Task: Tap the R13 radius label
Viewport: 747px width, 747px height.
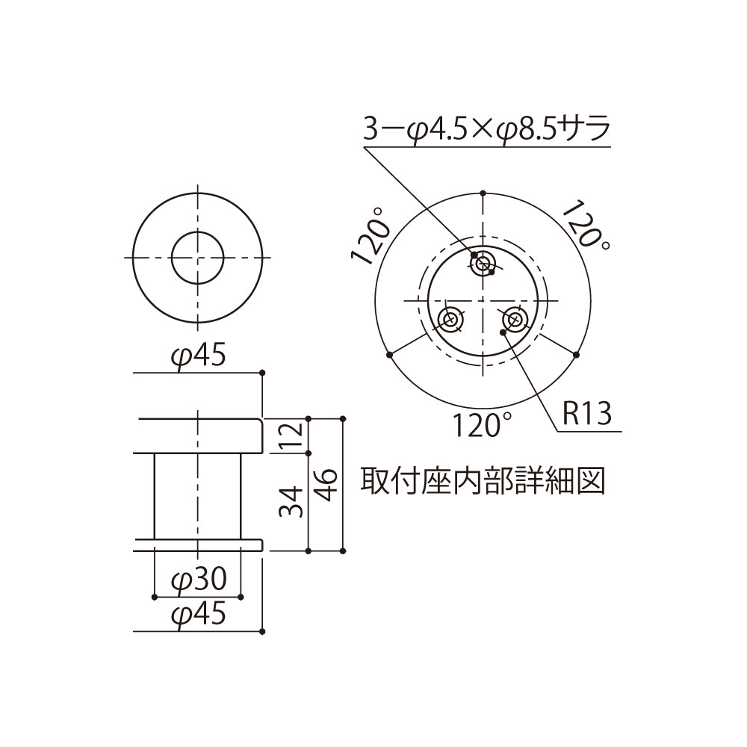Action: pyautogui.click(x=586, y=412)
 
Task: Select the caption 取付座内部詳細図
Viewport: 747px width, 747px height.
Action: pyautogui.click(x=482, y=481)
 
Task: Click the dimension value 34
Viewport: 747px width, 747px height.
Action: pyautogui.click(x=294, y=501)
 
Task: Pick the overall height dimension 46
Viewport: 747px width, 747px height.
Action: pyautogui.click(x=326, y=485)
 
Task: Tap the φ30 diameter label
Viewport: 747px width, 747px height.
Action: pyautogui.click(x=197, y=580)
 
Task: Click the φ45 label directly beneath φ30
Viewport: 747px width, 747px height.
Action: pyautogui.click(x=197, y=614)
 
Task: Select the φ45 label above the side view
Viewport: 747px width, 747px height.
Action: pyautogui.click(x=197, y=357)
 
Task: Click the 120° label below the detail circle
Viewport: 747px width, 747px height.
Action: pyautogui.click(x=485, y=426)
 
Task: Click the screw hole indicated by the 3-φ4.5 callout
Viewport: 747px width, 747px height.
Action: pyautogui.click(x=483, y=262)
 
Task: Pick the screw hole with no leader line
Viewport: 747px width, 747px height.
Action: pyautogui.click(x=450, y=320)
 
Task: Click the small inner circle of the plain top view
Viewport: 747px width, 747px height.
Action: pyautogui.click(x=197, y=257)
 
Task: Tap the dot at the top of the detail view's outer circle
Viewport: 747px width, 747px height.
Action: pyautogui.click(x=483, y=192)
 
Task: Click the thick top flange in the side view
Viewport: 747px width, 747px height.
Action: pyautogui.click(x=197, y=436)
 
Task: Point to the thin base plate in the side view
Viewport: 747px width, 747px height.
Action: pyautogui.click(x=197, y=544)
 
